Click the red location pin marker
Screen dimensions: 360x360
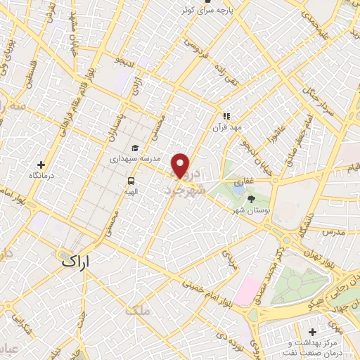pyautogui.click(x=181, y=165)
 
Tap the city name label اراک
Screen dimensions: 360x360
pyautogui.click(x=75, y=261)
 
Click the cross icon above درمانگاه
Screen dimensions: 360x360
pyautogui.click(x=41, y=164)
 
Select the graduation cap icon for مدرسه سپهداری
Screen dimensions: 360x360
pyautogui.click(x=135, y=148)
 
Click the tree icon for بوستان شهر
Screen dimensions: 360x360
pyautogui.click(x=251, y=199)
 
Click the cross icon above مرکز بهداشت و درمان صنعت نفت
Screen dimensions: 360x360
pyautogui.click(x=312, y=331)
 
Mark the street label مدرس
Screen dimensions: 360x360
pyautogui.click(x=332, y=231)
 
